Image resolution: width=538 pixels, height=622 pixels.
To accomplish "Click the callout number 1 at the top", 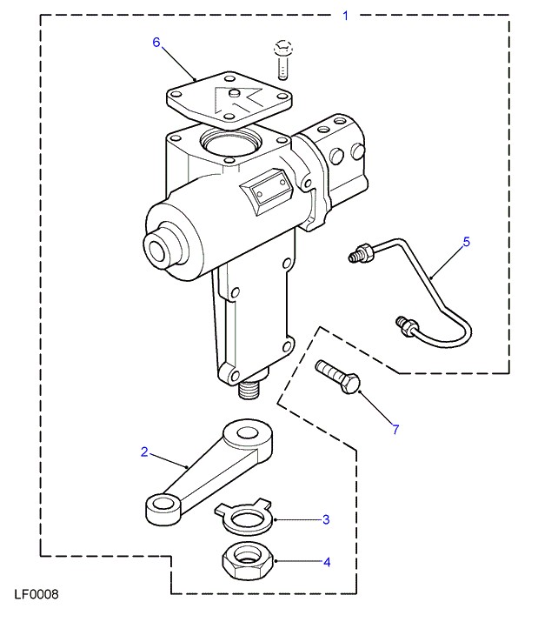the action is point(345,16).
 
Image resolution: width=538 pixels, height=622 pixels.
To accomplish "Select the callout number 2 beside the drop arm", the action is point(144,451).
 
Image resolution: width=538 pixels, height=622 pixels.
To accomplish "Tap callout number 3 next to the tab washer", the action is point(326,519).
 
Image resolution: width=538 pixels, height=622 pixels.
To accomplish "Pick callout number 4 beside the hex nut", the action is point(327,562).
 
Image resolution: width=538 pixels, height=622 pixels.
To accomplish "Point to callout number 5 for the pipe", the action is point(466,242).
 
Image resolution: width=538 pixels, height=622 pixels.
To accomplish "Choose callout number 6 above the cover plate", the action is point(156,42).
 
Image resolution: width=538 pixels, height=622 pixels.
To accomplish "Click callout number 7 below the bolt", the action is point(395,429).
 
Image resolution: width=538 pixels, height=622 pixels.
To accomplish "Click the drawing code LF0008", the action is point(37,594).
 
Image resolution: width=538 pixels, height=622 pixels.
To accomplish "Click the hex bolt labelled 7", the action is point(338,377).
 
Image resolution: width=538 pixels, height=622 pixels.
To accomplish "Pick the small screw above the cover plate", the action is point(282,59).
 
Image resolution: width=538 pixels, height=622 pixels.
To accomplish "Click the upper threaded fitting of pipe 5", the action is point(362,253).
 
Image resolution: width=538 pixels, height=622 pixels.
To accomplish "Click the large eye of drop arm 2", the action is point(248,435).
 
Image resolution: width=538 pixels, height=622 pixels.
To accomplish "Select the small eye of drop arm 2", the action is point(163,509).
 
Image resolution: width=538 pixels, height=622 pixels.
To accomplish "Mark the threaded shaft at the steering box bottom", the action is point(249,390).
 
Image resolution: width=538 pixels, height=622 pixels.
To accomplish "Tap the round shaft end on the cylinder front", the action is point(157,248).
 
